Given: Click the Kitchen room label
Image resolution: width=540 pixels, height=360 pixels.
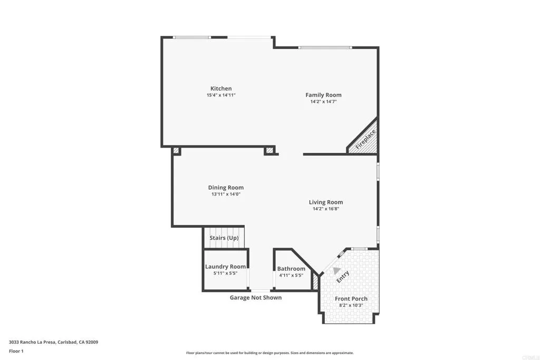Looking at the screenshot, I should pyautogui.click(x=221, y=89).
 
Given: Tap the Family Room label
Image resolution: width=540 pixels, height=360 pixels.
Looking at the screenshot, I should pyautogui.click(x=323, y=95).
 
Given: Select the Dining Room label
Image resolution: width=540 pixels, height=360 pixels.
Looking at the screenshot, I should pyautogui.click(x=226, y=188).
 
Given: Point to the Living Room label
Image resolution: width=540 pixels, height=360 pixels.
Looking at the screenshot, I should pyautogui.click(x=325, y=202).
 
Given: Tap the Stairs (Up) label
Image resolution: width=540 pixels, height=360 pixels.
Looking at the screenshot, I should pyautogui.click(x=224, y=238).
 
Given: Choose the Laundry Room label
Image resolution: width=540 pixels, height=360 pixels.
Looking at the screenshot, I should pyautogui.click(x=225, y=267).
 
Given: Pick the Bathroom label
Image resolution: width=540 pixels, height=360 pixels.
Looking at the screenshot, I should pyautogui.click(x=291, y=269).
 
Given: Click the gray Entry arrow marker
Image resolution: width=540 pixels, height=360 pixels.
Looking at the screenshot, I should pyautogui.click(x=336, y=270).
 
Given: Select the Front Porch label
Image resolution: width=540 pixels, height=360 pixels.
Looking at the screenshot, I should pyautogui.click(x=351, y=299).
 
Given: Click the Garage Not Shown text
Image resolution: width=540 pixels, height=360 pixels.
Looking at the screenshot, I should pyautogui.click(x=255, y=298).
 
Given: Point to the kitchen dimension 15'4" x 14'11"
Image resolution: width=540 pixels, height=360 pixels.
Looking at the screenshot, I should pyautogui.click(x=221, y=95).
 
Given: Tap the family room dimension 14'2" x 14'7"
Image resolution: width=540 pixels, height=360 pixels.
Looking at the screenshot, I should pyautogui.click(x=323, y=102).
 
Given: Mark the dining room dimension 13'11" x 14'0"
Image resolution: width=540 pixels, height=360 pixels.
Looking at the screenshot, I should pyautogui.click(x=226, y=194).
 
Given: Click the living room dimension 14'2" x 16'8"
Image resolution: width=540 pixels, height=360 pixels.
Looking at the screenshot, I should pyautogui.click(x=325, y=209).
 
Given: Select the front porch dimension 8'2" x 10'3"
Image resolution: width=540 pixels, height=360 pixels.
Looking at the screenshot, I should pyautogui.click(x=351, y=305).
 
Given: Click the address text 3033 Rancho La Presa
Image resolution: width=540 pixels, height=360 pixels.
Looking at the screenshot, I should pyautogui.click(x=53, y=342).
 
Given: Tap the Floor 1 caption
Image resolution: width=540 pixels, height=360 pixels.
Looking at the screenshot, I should pyautogui.click(x=16, y=351).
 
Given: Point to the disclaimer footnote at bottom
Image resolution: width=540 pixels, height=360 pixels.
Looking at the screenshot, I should pyautogui.click(x=269, y=353).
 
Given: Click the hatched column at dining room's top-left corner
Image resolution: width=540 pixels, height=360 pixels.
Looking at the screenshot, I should pyautogui.click(x=176, y=151).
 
